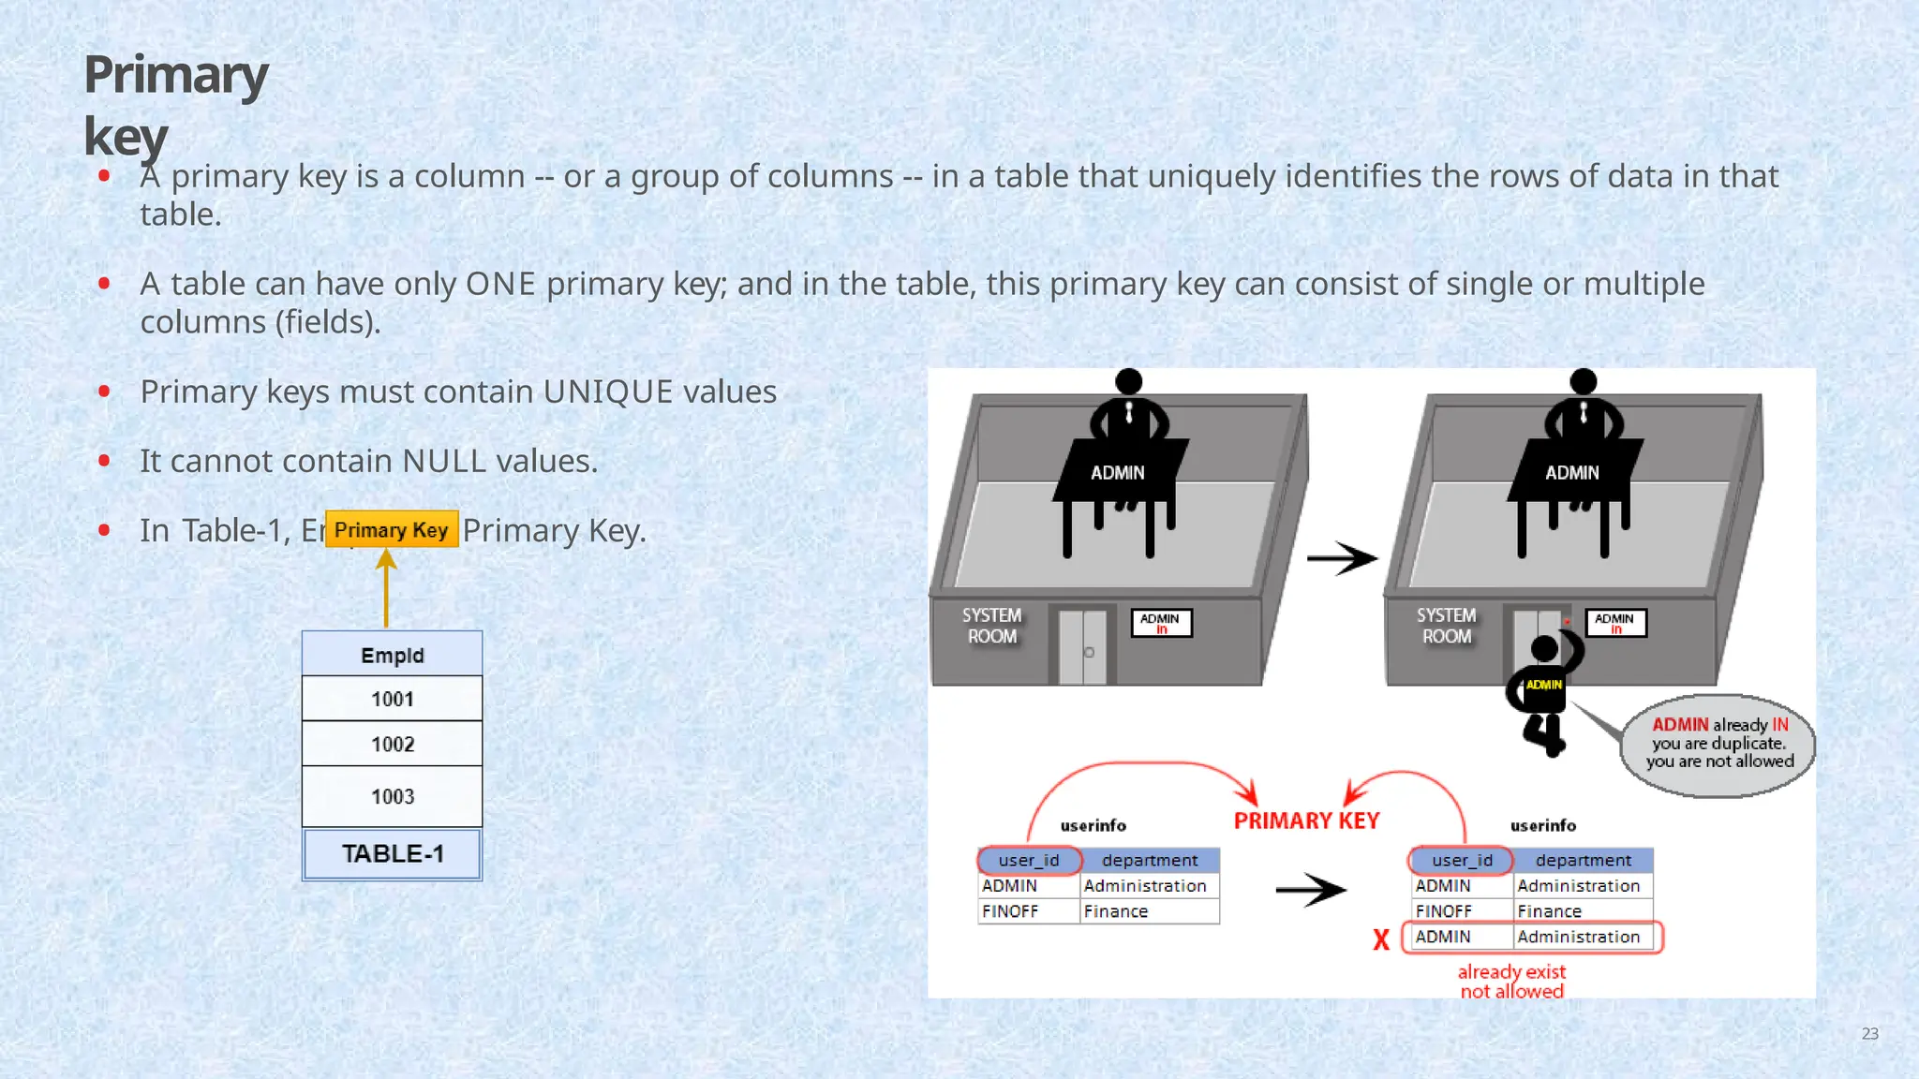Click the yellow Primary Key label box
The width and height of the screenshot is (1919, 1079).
pyautogui.click(x=392, y=529)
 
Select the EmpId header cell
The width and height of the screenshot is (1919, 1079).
pyautogui.click(x=392, y=655)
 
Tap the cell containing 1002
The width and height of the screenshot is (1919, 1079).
pyautogui.click(x=392, y=744)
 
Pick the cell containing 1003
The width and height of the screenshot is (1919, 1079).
pyautogui.click(x=392, y=796)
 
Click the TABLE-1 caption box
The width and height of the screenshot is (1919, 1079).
pyautogui.click(x=392, y=853)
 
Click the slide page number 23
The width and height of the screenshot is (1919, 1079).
pyautogui.click(x=1869, y=1033)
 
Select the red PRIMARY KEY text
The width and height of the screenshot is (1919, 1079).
pyautogui.click(x=1306, y=820)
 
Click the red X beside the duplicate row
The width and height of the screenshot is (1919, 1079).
pyautogui.click(x=1381, y=939)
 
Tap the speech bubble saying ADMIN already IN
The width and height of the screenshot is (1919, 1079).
pyautogui.click(x=1719, y=745)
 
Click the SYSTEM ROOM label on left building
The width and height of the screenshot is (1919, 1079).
pyautogui.click(x=991, y=626)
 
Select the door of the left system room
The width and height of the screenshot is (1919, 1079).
pyautogui.click(x=1082, y=647)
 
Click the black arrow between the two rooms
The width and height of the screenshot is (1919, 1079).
pyautogui.click(x=1342, y=558)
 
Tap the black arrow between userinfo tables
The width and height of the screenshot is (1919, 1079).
pyautogui.click(x=1311, y=889)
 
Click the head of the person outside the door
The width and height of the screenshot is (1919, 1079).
pyautogui.click(x=1544, y=648)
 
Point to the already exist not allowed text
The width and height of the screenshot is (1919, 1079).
pyautogui.click(x=1511, y=981)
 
